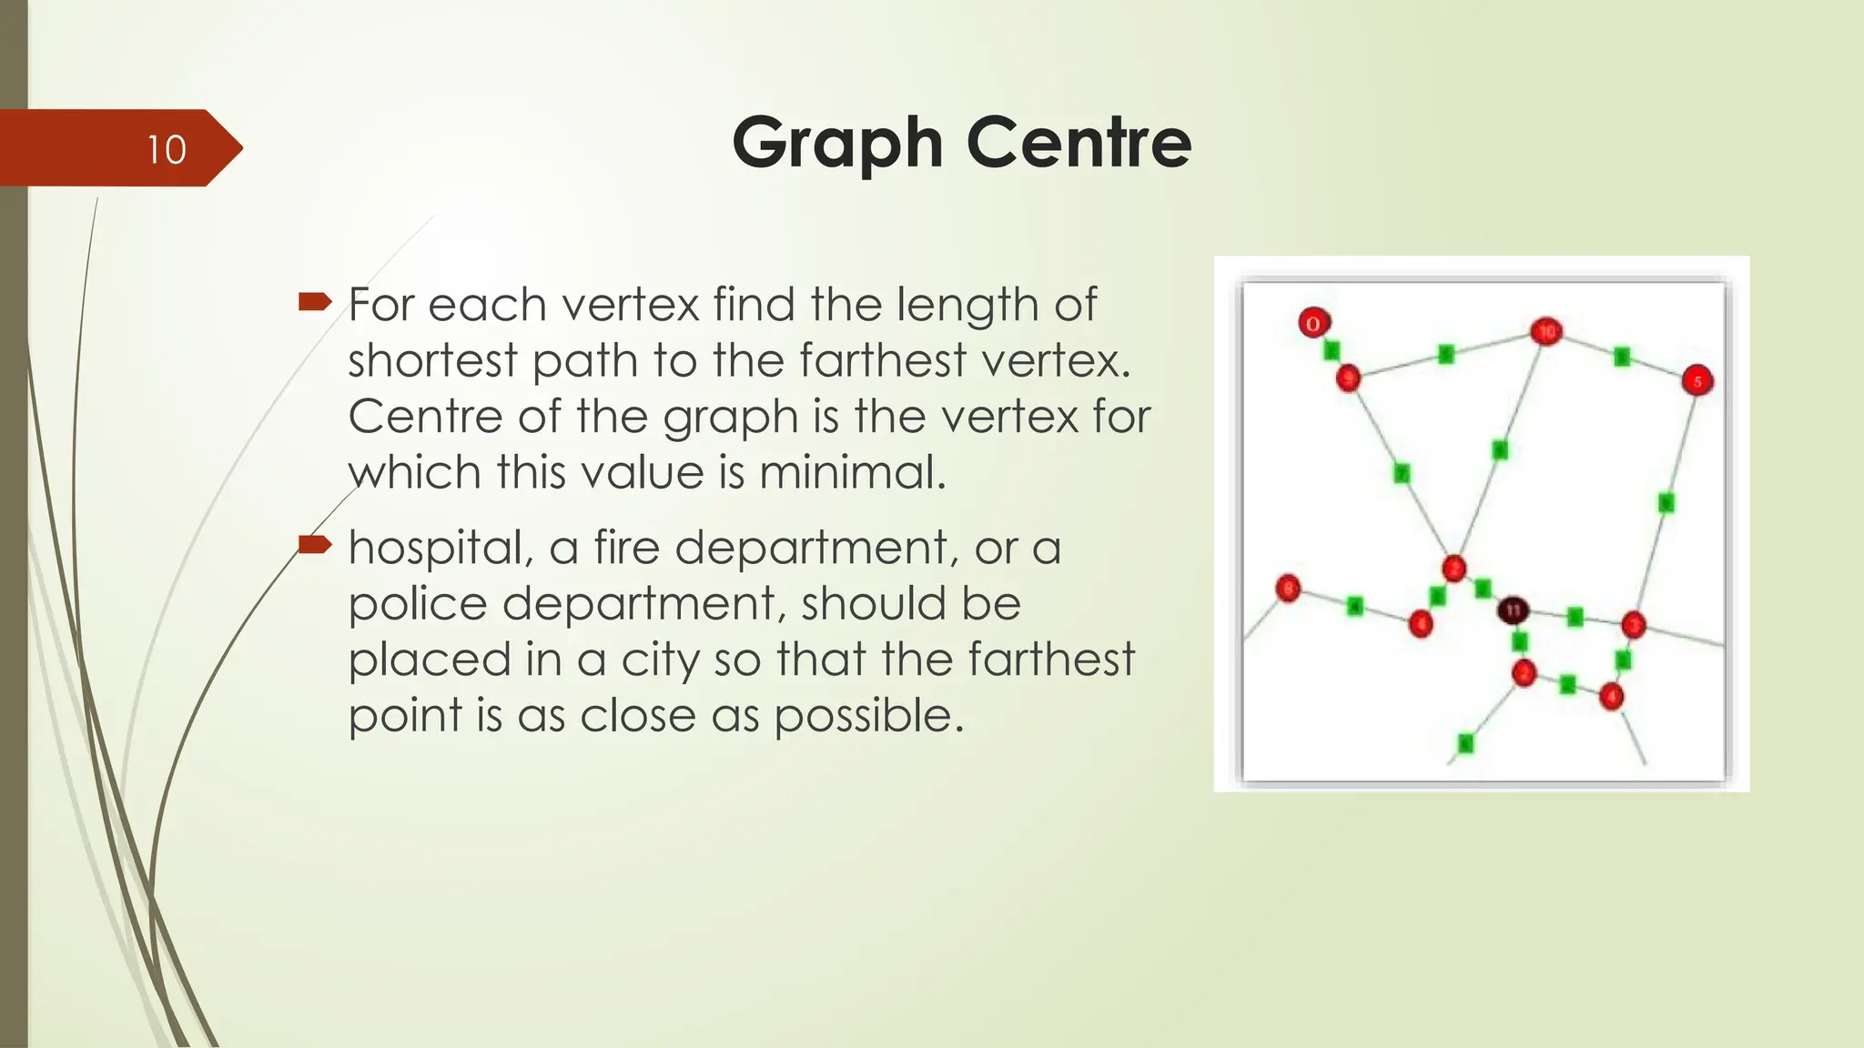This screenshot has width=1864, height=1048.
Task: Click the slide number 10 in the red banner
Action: point(167,149)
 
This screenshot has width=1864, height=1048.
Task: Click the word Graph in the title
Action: point(836,144)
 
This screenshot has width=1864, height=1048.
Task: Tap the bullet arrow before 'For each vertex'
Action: point(315,301)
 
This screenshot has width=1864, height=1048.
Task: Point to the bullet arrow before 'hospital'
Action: point(315,544)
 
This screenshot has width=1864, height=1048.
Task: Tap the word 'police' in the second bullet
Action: point(418,604)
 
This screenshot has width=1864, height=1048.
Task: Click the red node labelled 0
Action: point(1313,323)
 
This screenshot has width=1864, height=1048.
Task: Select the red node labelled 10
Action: point(1546,331)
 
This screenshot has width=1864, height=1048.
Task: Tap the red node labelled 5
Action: point(1697,380)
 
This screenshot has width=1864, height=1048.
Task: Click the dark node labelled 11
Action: point(1514,610)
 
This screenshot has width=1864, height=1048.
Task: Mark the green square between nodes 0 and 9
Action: point(1332,350)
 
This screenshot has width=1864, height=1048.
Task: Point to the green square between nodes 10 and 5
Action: point(1622,357)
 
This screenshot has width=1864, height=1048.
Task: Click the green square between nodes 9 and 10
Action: point(1446,354)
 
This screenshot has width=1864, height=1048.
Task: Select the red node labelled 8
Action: point(1288,589)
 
